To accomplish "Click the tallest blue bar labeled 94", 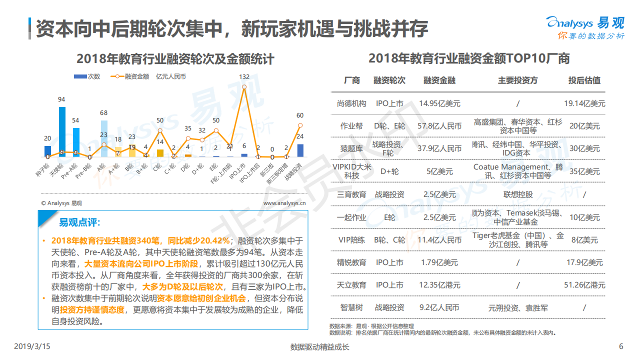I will point(62,132).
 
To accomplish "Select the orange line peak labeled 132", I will point(244,87).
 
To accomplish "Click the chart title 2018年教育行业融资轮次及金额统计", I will point(175,58).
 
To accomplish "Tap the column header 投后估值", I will point(584,80).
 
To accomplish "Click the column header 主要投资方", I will point(517,80).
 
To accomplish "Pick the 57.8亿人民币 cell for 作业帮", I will point(439,126).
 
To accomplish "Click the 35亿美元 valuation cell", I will point(584,171).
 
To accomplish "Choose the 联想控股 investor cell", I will point(517,194).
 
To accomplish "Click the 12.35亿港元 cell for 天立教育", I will point(439,285).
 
